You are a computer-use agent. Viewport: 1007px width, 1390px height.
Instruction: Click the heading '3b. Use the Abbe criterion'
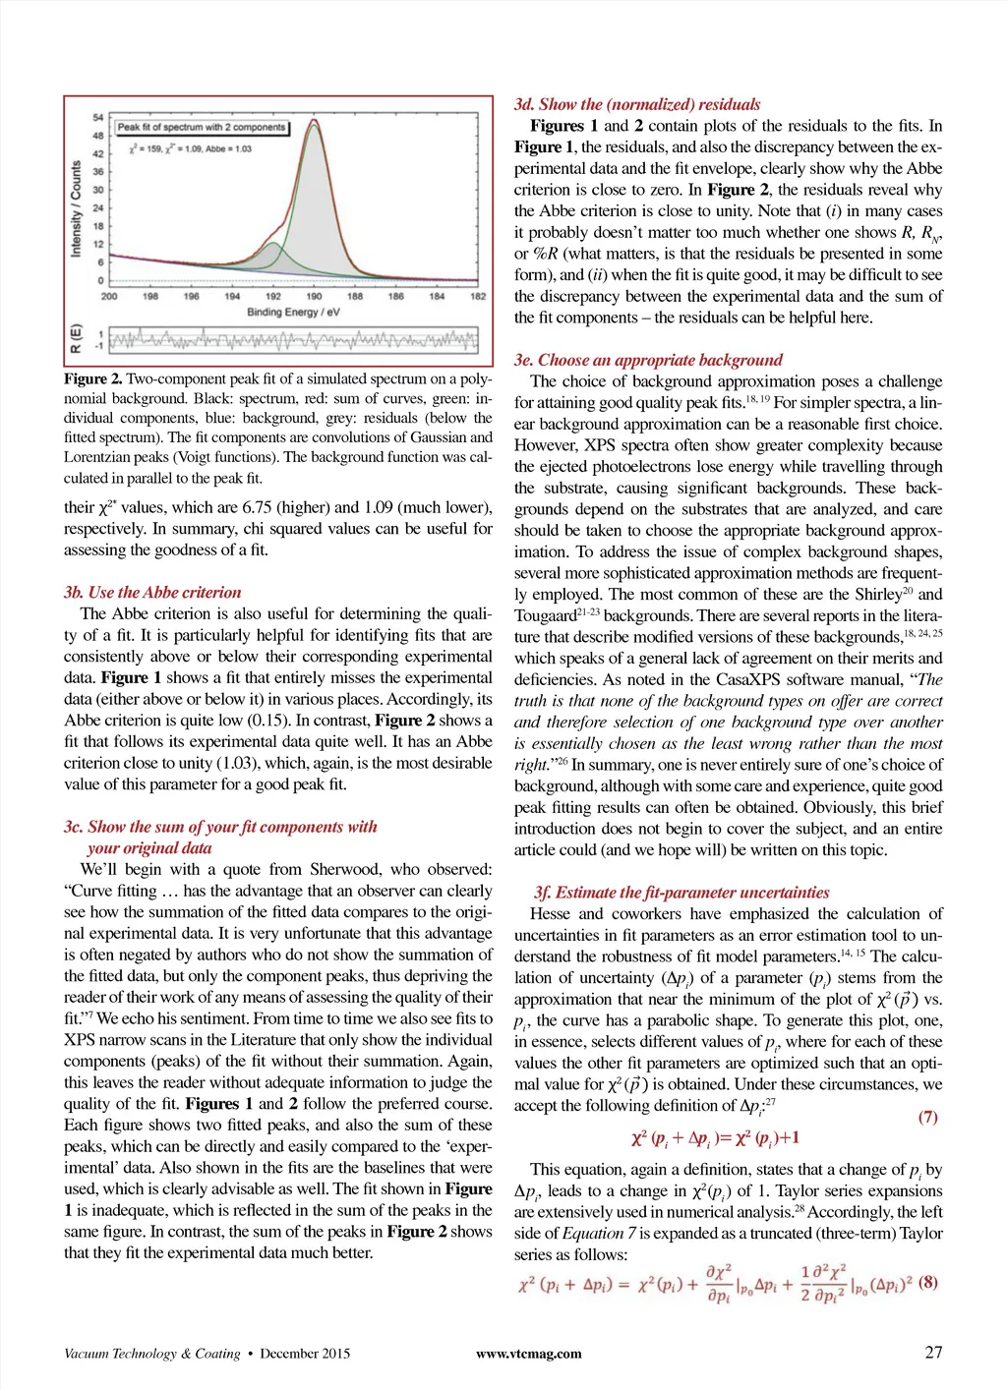click(152, 593)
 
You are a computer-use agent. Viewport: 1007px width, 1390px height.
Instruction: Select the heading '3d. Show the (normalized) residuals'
click(637, 104)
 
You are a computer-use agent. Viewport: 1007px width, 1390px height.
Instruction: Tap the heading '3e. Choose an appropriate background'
click(648, 360)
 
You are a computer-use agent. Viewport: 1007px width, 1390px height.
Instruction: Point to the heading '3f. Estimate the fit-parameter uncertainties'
click(681, 893)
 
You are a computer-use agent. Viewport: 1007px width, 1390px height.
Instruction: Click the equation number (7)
click(927, 1117)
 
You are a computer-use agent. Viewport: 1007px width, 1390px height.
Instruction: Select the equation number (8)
click(929, 1283)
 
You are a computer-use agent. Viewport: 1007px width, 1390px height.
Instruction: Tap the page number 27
click(933, 1352)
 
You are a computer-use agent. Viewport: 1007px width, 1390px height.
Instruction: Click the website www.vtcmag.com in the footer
click(528, 1354)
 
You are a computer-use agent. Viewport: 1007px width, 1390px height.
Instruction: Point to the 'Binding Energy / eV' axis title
click(293, 312)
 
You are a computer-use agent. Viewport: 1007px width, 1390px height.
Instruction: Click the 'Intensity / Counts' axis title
click(77, 209)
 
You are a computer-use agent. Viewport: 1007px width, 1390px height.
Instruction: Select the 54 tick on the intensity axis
click(98, 118)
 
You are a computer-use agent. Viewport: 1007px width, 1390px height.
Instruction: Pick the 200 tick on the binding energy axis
click(109, 296)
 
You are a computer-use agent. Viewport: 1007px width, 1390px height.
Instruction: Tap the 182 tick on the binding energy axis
click(478, 296)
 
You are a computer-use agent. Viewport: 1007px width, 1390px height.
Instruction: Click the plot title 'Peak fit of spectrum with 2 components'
click(202, 127)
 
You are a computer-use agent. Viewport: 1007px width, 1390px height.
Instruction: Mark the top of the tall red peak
click(314, 122)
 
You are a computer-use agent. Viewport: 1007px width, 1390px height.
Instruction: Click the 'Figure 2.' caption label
click(93, 379)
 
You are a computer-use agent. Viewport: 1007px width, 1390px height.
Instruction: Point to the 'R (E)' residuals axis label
click(77, 339)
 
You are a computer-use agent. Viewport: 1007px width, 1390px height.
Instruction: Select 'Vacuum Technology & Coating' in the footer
click(151, 1354)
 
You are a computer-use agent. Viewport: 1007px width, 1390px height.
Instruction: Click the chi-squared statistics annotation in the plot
click(190, 149)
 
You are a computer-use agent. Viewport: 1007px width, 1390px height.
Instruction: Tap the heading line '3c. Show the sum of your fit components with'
click(220, 827)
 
